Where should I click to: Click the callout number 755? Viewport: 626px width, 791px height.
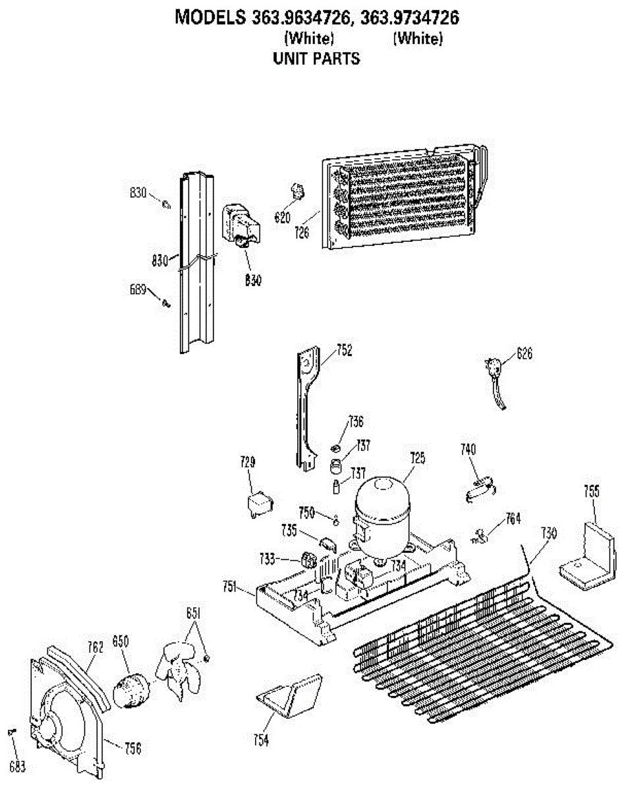click(x=592, y=490)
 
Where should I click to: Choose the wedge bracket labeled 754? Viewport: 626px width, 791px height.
click(x=290, y=696)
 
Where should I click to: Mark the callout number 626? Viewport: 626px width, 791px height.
click(x=524, y=354)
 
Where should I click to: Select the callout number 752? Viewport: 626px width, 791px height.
click(x=343, y=351)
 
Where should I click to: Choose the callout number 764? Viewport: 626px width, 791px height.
click(x=513, y=518)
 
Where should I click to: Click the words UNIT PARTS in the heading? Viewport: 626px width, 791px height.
click(x=316, y=59)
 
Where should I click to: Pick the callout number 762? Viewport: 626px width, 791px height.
click(x=96, y=648)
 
